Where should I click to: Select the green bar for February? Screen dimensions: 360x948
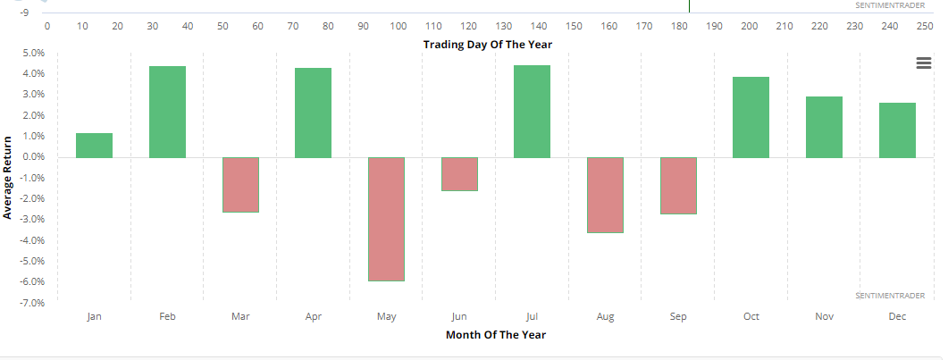pyautogui.click(x=167, y=112)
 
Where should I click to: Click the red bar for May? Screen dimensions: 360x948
pyautogui.click(x=386, y=219)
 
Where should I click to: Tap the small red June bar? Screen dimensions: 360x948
pyautogui.click(x=459, y=174)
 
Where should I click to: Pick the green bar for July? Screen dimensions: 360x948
pyautogui.click(x=532, y=112)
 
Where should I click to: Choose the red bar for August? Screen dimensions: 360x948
pyautogui.click(x=605, y=195)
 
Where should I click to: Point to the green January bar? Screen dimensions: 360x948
pyautogui.click(x=95, y=146)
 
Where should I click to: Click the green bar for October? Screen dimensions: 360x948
pyautogui.click(x=751, y=117)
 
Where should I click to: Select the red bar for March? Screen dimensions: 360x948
pyautogui.click(x=240, y=185)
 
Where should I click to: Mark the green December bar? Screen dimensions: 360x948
pyautogui.click(x=897, y=130)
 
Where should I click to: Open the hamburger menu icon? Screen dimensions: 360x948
pyautogui.click(x=923, y=62)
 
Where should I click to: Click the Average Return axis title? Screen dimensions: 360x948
pyautogui.click(x=8, y=178)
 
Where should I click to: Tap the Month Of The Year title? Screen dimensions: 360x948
pyautogui.click(x=496, y=335)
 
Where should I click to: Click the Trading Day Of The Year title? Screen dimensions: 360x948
pyautogui.click(x=493, y=44)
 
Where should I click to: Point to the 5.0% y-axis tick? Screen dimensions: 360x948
pyautogui.click(x=33, y=53)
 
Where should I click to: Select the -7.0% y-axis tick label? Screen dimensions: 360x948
pyautogui.click(x=32, y=303)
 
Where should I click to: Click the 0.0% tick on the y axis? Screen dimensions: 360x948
pyautogui.click(x=33, y=157)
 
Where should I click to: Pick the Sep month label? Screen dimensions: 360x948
pyautogui.click(x=678, y=316)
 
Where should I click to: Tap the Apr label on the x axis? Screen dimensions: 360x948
pyautogui.click(x=313, y=316)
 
